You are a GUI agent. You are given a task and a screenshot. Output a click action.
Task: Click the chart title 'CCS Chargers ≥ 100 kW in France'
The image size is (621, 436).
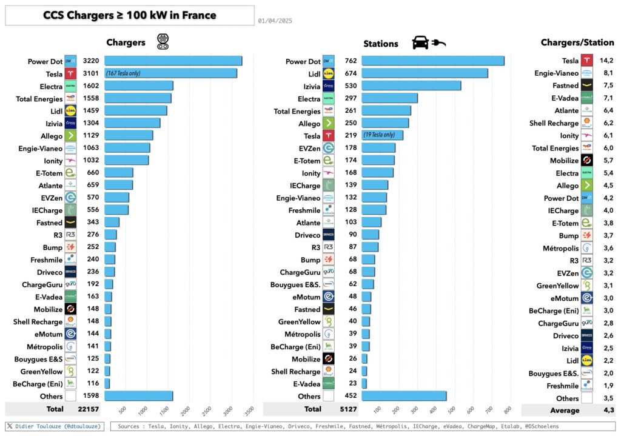click(x=130, y=15)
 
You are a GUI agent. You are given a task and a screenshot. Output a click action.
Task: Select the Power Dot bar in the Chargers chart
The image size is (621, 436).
click(x=173, y=61)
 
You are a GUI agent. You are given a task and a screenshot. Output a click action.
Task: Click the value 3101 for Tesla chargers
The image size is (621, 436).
click(x=90, y=73)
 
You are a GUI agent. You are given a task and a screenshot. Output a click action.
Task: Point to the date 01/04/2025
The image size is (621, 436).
click(x=275, y=21)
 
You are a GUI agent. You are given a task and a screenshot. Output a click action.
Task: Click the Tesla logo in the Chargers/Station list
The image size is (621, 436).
click(x=586, y=61)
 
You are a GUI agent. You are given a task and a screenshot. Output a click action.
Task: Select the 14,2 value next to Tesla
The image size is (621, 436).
click(x=606, y=61)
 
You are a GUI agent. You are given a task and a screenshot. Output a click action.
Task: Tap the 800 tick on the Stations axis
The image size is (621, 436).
click(x=506, y=409)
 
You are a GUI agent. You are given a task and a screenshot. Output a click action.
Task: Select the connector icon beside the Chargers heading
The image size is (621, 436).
click(x=163, y=41)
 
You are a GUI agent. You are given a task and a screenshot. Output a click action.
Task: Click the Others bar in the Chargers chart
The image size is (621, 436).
click(x=138, y=397)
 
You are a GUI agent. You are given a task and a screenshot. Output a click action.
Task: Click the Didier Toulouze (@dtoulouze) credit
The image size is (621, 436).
click(x=55, y=427)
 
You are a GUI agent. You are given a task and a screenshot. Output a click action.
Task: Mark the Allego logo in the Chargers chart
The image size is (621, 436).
click(x=70, y=136)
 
